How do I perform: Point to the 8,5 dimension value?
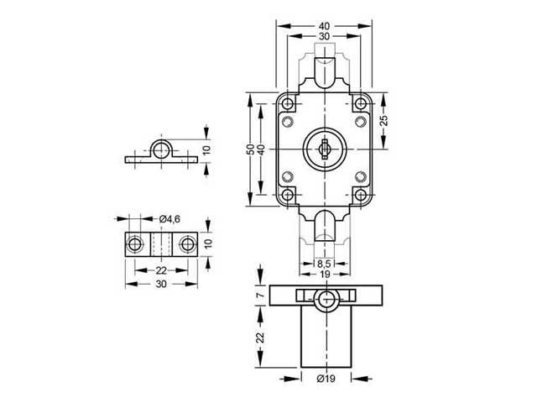click(x=324, y=263)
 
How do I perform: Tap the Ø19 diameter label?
click(x=325, y=380)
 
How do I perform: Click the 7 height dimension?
click(x=260, y=296)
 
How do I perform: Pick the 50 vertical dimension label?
click(x=249, y=149)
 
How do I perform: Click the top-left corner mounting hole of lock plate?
click(x=288, y=105)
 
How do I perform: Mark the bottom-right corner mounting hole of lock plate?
click(x=361, y=195)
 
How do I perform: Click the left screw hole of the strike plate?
click(x=133, y=244)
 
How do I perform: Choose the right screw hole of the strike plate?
click(x=187, y=244)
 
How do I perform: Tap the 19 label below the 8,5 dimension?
click(x=324, y=274)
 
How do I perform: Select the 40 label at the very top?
click(x=325, y=26)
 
